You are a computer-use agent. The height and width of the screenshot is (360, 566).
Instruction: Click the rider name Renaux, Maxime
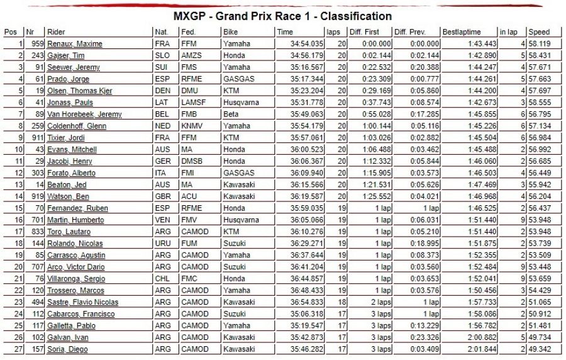(x=74, y=43)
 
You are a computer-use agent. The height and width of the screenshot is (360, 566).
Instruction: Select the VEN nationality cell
(x=161, y=220)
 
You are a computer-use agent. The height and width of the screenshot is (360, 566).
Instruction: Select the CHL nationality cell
(x=161, y=279)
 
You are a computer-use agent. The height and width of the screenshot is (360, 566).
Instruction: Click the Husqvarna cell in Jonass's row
(x=238, y=103)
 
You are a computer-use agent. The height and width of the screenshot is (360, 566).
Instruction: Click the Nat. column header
(x=161, y=32)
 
